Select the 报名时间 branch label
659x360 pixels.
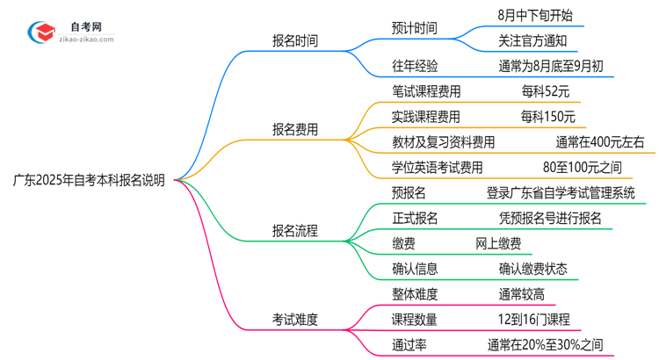[295, 40]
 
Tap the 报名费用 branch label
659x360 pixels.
[295, 129]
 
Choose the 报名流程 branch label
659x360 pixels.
[295, 231]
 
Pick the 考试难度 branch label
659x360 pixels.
[295, 320]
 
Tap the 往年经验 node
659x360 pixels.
[415, 66]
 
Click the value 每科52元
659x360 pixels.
[544, 91]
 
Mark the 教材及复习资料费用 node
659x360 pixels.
[443, 142]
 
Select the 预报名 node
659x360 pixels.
[409, 193]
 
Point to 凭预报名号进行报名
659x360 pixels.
[550, 219]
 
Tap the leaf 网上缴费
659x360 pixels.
[497, 244]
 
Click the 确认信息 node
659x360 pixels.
[415, 270]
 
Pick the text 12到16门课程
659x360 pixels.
[532, 320]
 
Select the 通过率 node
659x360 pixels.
[409, 345]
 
